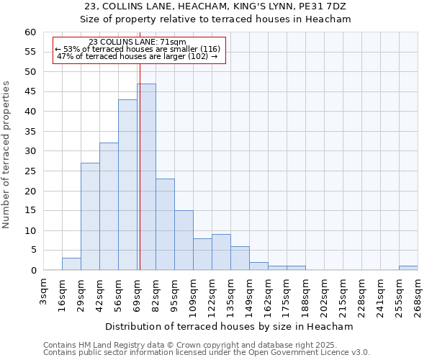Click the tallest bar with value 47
coord(146,177)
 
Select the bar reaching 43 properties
coord(127,185)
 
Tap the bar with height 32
coord(109,207)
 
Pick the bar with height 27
coord(90,217)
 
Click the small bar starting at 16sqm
coord(71,264)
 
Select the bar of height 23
coord(165,225)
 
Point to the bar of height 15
coord(184,240)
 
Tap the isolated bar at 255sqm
coord(408,268)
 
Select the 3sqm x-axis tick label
coord(44,292)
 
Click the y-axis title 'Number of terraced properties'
coord(7,154)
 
